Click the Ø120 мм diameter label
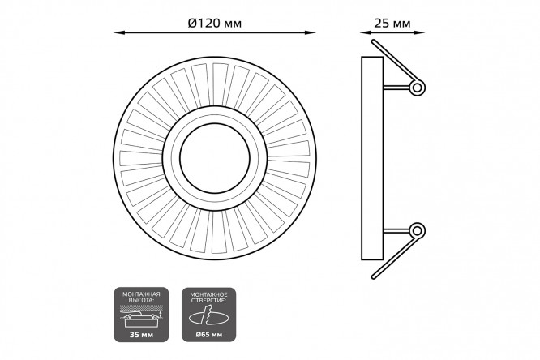click(215, 23)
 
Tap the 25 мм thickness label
click(392, 23)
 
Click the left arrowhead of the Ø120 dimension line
click(119, 32)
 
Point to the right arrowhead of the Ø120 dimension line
click(311, 32)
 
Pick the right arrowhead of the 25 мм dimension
click(419, 32)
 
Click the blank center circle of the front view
click(215, 158)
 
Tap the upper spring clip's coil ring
click(417, 88)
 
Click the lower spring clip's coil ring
click(417, 230)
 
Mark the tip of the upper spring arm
click(373, 41)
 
